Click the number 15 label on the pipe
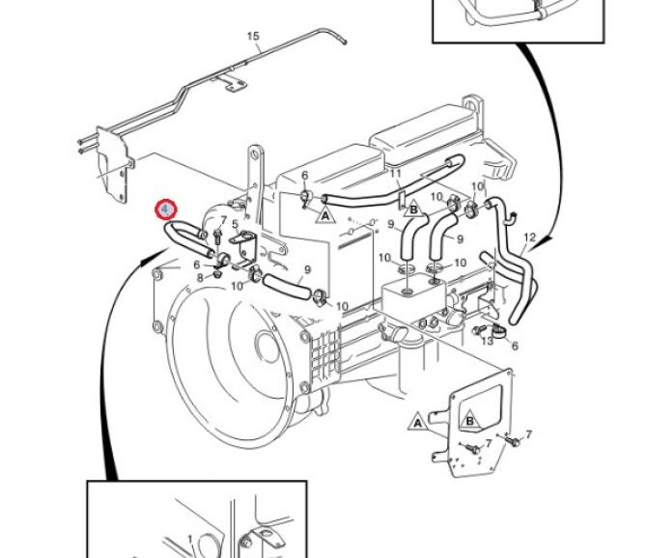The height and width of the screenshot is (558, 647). (x=253, y=38)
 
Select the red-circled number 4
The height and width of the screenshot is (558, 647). (x=167, y=209)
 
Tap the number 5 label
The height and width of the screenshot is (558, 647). (x=235, y=225)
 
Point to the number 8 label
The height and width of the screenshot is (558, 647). (x=200, y=277)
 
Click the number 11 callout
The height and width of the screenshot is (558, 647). (x=395, y=174)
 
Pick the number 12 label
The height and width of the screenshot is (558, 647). (x=528, y=237)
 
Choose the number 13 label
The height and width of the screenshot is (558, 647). (x=488, y=341)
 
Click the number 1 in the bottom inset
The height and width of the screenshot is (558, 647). (x=190, y=540)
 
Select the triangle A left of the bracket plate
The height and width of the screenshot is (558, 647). (x=418, y=422)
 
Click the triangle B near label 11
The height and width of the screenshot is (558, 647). (x=413, y=208)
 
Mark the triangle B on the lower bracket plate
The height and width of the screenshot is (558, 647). (x=468, y=420)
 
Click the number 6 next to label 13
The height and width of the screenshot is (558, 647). (x=515, y=347)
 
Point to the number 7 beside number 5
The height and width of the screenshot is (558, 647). (x=223, y=221)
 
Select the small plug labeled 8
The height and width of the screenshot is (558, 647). (x=217, y=275)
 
